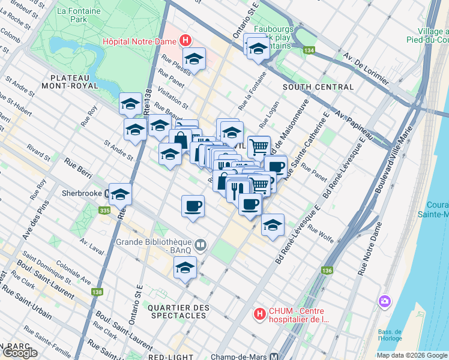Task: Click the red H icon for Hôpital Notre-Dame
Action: pyautogui.click(x=185, y=41)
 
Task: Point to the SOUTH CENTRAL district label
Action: pyautogui.click(x=318, y=87)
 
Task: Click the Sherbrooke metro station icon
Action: pyautogui.click(x=106, y=194)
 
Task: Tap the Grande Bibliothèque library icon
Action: pyautogui.click(x=200, y=244)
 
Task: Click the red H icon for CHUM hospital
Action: pyautogui.click(x=259, y=314)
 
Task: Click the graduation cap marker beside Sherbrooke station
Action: pyautogui.click(x=121, y=194)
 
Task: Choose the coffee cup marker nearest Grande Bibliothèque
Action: pyautogui.click(x=193, y=206)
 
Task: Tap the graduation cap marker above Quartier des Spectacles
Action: pyautogui.click(x=185, y=268)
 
